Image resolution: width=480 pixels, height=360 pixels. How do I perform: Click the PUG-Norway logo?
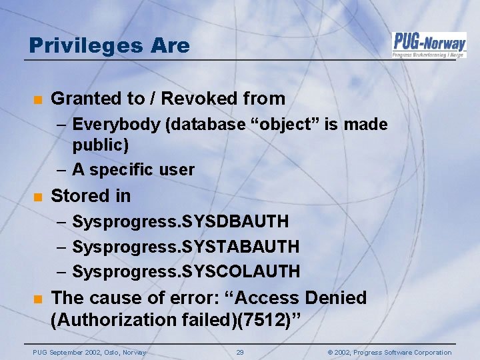[x=429, y=45]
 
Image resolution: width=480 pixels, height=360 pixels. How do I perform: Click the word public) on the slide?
[x=101, y=145]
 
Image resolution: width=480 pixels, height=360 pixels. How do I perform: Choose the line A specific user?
[x=133, y=169]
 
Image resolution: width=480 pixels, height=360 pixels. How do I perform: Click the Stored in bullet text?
[x=91, y=196]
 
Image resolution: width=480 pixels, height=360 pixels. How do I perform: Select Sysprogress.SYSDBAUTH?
[x=180, y=221]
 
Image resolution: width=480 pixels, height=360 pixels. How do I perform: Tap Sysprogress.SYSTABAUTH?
[x=185, y=247]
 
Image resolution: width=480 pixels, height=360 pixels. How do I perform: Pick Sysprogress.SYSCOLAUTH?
[x=186, y=271]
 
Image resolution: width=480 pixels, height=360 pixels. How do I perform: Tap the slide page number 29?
[x=240, y=352]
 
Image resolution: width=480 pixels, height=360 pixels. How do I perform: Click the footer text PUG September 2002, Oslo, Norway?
[x=89, y=352]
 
